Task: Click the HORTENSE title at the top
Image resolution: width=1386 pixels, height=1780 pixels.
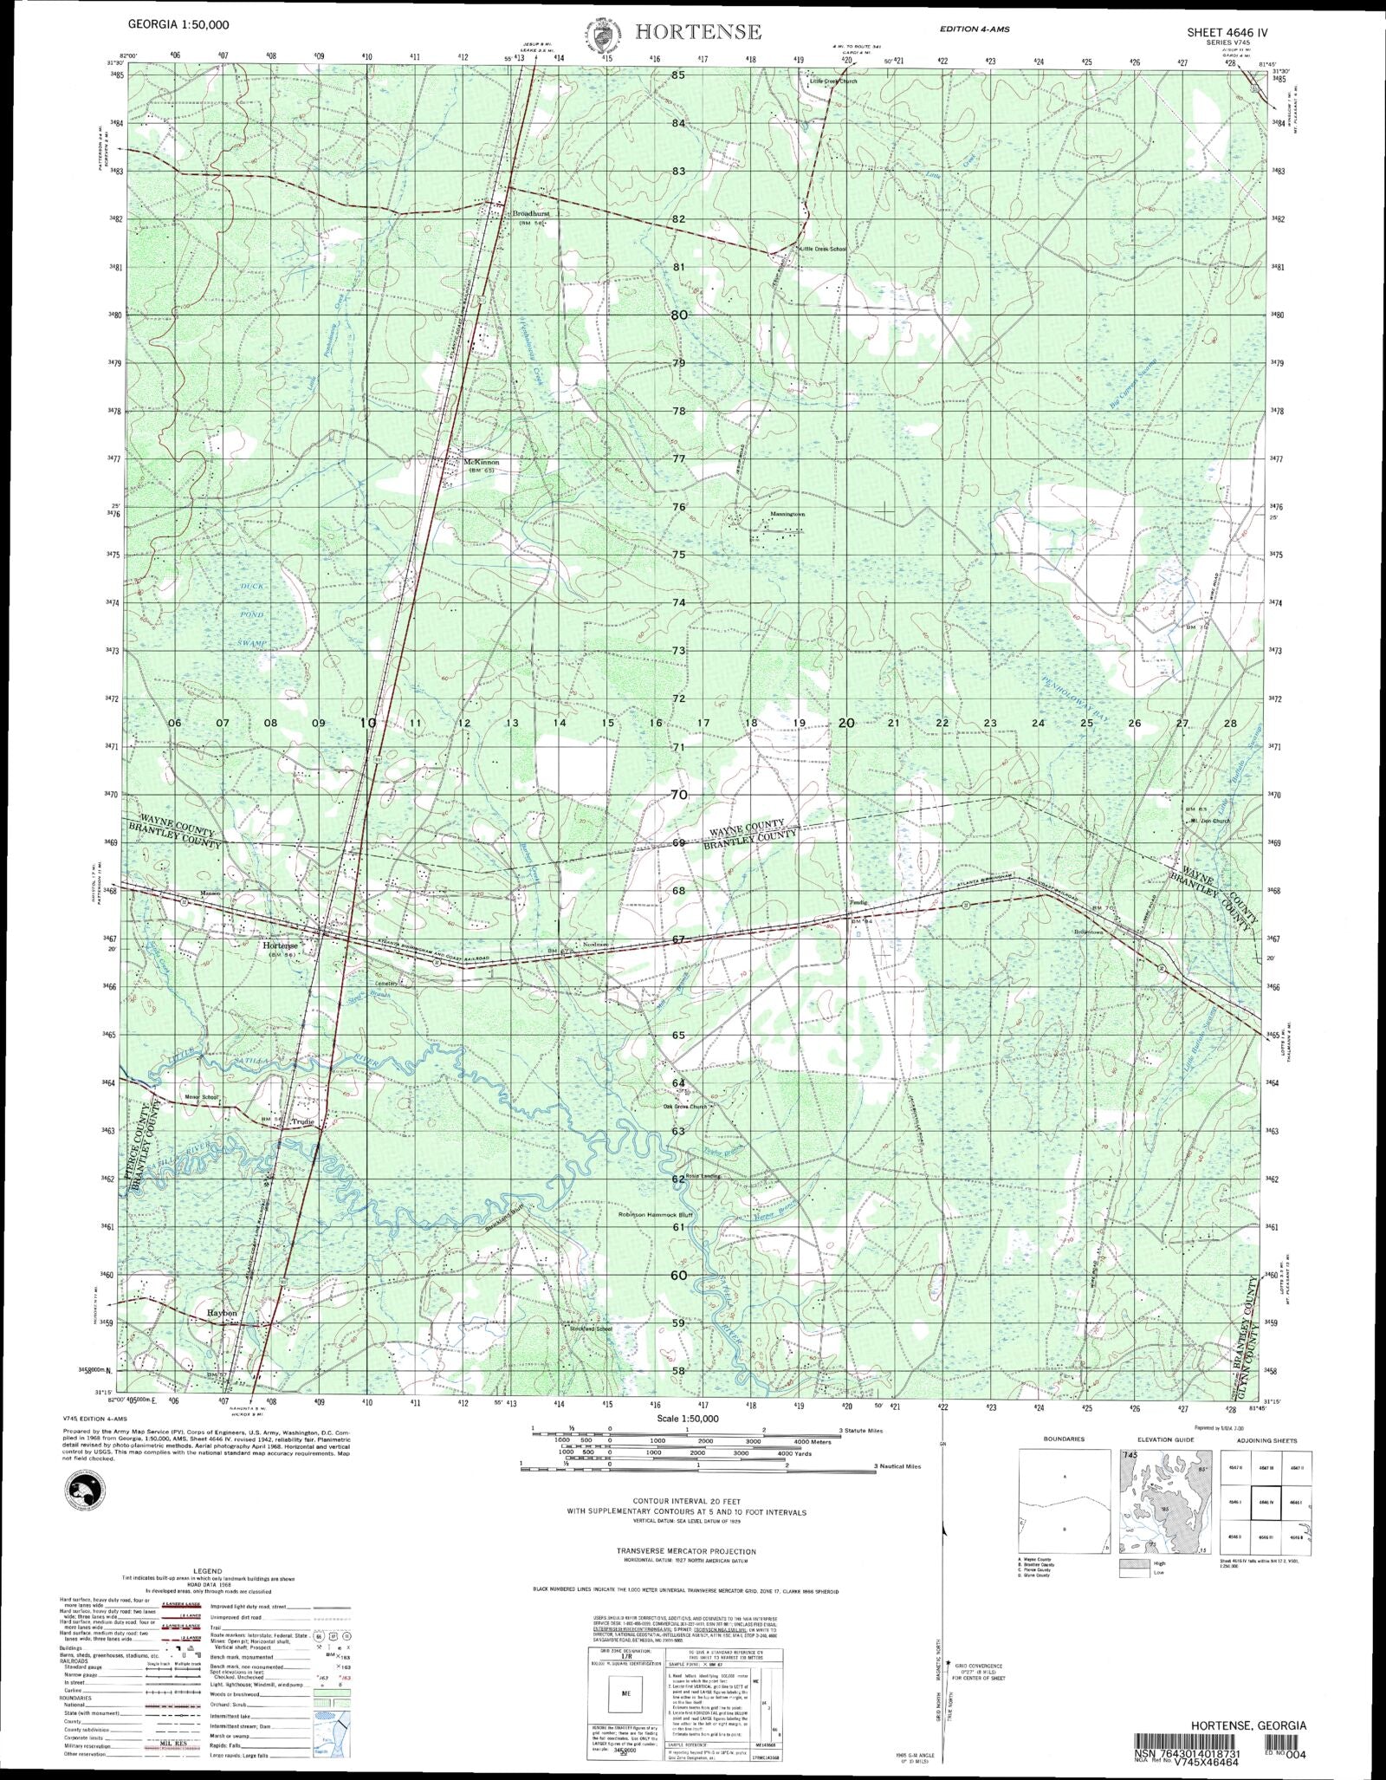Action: click(698, 32)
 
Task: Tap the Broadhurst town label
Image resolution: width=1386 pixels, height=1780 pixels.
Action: click(531, 213)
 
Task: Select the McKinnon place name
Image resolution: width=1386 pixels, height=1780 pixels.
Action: click(482, 463)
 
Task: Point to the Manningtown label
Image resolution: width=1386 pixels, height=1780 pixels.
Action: click(785, 515)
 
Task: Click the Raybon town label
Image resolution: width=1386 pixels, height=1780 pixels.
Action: click(222, 1313)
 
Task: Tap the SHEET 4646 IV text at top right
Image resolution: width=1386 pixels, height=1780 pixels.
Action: click(1227, 32)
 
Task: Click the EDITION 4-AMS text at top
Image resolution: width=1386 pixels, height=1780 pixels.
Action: click(975, 29)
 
